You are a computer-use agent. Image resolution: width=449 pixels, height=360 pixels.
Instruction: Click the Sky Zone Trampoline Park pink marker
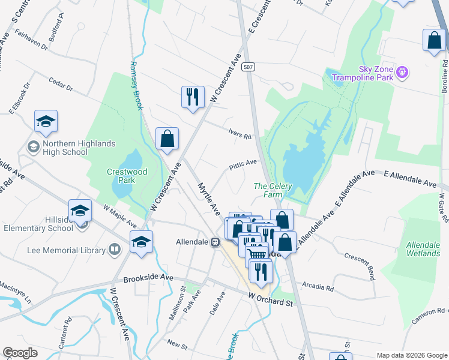pos(402,73)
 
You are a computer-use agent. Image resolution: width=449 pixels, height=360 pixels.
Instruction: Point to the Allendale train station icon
pos(214,242)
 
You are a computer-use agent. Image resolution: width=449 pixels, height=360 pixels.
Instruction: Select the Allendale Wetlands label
pos(423,249)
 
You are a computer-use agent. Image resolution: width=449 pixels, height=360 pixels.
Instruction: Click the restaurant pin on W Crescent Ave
pos(193,97)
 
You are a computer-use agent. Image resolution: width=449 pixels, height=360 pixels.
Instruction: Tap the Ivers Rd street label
pos(240,134)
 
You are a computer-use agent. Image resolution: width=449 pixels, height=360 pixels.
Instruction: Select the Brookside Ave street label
pos(148,278)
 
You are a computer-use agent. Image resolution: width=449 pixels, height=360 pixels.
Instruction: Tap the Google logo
pos(20,352)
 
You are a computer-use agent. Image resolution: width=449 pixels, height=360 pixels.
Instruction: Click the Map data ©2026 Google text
pos(411,355)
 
